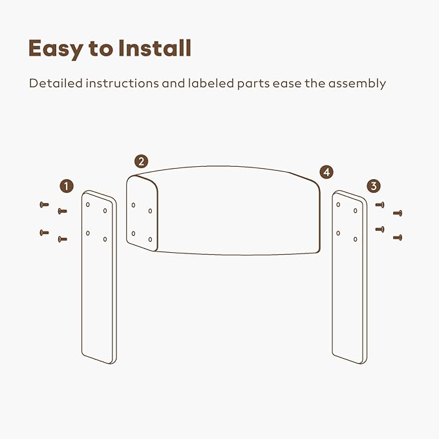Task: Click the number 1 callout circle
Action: pyautogui.click(x=67, y=186)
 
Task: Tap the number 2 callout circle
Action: pyautogui.click(x=141, y=162)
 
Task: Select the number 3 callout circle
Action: pyautogui.click(x=374, y=186)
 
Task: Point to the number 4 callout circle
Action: pyautogui.click(x=327, y=172)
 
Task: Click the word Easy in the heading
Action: pyautogui.click(x=56, y=49)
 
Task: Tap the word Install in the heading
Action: pyautogui.click(x=155, y=48)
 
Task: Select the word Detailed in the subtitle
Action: pyautogui.click(x=56, y=83)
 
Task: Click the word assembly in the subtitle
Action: pyautogui.click(x=357, y=84)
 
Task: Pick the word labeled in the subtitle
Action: pyautogui.click(x=211, y=83)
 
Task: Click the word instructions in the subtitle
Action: pyautogui.click(x=122, y=83)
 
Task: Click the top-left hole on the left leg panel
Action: pyautogui.click(x=88, y=205)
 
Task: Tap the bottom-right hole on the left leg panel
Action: pyautogui.click(x=105, y=239)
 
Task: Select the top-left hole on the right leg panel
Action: pyautogui.click(x=338, y=205)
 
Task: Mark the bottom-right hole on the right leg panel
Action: pyautogui.click(x=356, y=239)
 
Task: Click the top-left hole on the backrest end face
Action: pyautogui.click(x=133, y=205)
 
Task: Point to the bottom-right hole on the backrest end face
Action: pyautogui.click(x=151, y=239)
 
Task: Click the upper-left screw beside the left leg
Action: pyautogui.click(x=44, y=205)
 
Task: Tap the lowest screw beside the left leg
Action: pyautogui.click(x=63, y=239)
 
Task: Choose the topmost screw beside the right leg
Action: pyautogui.click(x=380, y=205)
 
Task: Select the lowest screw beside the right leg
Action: pyautogui.click(x=398, y=238)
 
